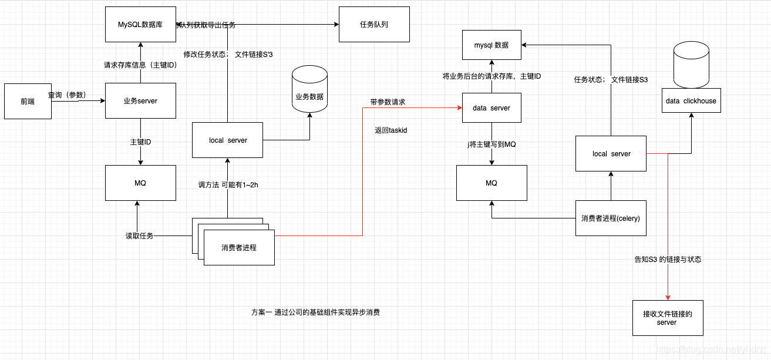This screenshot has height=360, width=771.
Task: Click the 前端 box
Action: pyautogui.click(x=28, y=101)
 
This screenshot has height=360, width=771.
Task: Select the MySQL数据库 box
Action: pyautogui.click(x=140, y=25)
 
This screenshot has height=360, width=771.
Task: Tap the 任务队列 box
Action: pyautogui.click(x=374, y=25)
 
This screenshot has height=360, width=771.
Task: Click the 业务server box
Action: pyautogui.click(x=140, y=101)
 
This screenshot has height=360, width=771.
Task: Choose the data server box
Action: pyautogui.click(x=491, y=108)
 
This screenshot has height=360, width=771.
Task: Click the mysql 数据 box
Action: pyautogui.click(x=491, y=45)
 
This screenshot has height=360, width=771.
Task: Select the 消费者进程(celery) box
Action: pyautogui.click(x=611, y=218)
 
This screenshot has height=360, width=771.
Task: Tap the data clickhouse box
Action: pyautogui.click(x=691, y=101)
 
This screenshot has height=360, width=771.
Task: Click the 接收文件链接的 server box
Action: pyautogui.click(x=668, y=318)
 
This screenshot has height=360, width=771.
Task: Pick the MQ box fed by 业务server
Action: pyautogui.click(x=140, y=183)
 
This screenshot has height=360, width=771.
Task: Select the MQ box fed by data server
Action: pyautogui.click(x=491, y=183)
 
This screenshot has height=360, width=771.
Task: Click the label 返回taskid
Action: pyautogui.click(x=390, y=130)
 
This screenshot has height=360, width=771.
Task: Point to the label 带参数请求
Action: pyautogui.click(x=388, y=102)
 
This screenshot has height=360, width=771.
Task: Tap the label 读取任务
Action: pyautogui.click(x=139, y=236)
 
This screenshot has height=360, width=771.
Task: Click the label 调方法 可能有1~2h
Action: pyautogui.click(x=228, y=185)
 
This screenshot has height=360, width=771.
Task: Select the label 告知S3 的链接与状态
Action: pyautogui.click(x=668, y=259)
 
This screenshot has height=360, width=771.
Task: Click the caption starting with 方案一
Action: pyautogui.click(x=315, y=312)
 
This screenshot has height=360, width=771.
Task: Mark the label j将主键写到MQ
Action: pyautogui.click(x=491, y=144)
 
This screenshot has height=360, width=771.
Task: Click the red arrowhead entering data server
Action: pyautogui.click(x=459, y=108)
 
